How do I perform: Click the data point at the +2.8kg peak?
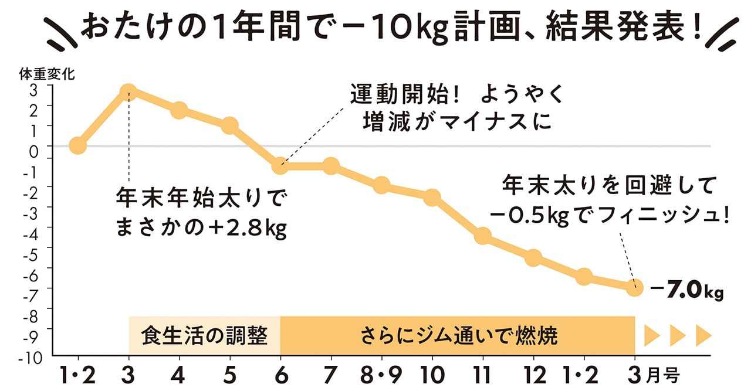(128, 92)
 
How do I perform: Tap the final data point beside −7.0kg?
(634, 287)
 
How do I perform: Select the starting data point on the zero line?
(77, 145)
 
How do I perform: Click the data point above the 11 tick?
(482, 236)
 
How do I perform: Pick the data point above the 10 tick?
(432, 198)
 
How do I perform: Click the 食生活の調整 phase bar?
(204, 336)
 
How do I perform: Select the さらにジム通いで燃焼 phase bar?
(458, 336)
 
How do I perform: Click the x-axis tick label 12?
(533, 373)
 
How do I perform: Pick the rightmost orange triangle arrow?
(703, 336)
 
